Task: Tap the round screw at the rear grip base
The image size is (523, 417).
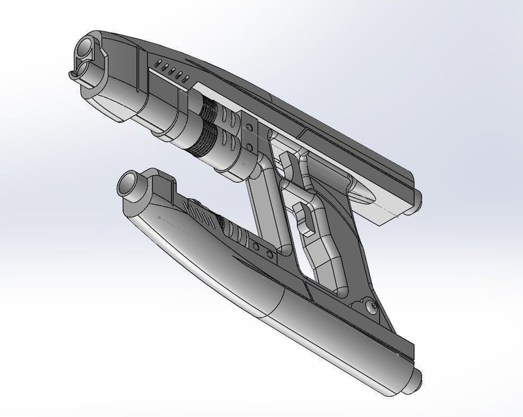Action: (x=371, y=305)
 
